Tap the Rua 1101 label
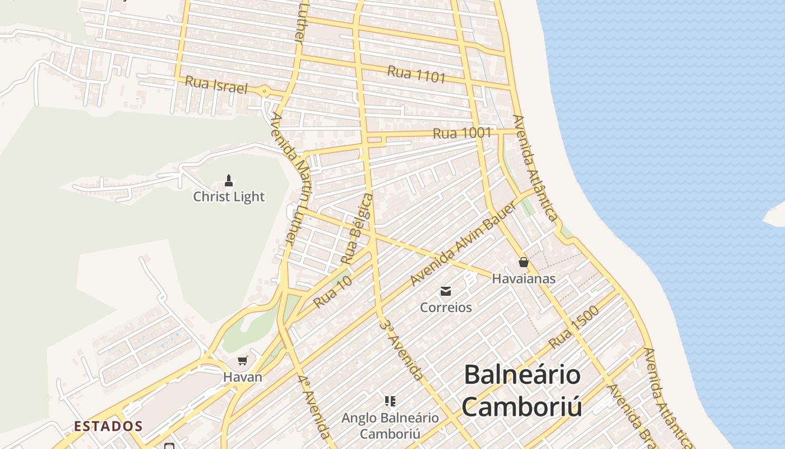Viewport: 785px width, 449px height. pyautogui.click(x=416, y=75)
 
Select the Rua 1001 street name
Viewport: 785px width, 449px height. pyautogui.click(x=462, y=133)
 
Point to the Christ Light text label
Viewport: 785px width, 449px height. pyautogui.click(x=229, y=196)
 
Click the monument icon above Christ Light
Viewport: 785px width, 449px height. pyautogui.click(x=229, y=181)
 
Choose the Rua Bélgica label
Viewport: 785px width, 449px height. pyautogui.click(x=357, y=228)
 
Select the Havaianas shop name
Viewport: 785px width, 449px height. pyautogui.click(x=524, y=278)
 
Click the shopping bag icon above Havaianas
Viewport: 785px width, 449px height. pyautogui.click(x=524, y=262)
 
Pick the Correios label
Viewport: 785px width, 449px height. pyautogui.click(x=446, y=308)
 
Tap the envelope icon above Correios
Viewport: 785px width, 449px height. pyautogui.click(x=446, y=291)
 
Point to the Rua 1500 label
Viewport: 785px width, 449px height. pyautogui.click(x=574, y=327)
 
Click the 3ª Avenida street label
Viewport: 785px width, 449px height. pyautogui.click(x=401, y=349)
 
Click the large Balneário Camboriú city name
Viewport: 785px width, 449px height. pyautogui.click(x=522, y=391)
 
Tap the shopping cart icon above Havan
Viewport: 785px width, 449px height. pyautogui.click(x=243, y=361)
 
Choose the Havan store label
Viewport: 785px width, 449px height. pyautogui.click(x=243, y=377)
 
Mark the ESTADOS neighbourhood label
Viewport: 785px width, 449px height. pyautogui.click(x=108, y=426)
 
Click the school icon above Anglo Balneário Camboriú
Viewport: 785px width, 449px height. pyautogui.click(x=390, y=401)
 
